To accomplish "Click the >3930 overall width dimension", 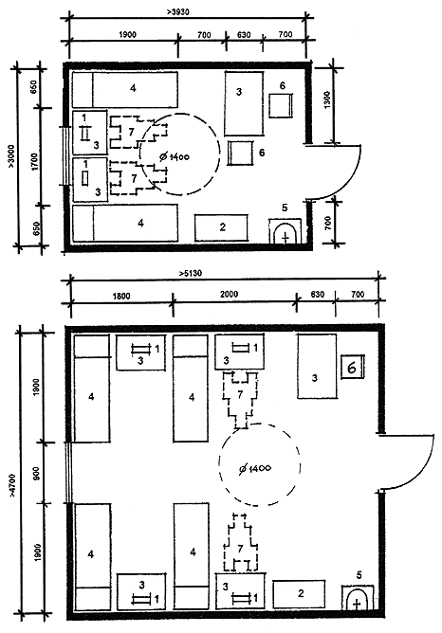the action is coord(177,12).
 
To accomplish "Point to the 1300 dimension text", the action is coord(327,99).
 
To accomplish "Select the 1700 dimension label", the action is coord(34,161).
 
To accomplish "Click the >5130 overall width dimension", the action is coord(191,273).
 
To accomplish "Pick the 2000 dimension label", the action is coord(230,295).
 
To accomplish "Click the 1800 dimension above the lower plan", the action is coord(121,296).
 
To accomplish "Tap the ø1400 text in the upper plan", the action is coord(175,156).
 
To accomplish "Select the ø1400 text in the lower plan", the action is coord(255,468).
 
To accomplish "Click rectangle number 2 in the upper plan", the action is coord(221,227).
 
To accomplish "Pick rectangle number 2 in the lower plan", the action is coord(299,594).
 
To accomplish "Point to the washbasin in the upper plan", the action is coord(285,231).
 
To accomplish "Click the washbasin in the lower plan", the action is coord(358,598).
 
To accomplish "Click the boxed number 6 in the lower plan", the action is coord(352,367).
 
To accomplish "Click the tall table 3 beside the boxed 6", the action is coord(317,367).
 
